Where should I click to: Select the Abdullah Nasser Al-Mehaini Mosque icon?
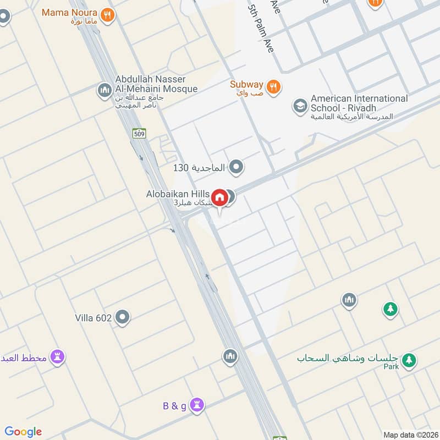click(x=105, y=90)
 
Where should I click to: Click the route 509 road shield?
click(x=139, y=133)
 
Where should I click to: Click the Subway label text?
click(x=246, y=84)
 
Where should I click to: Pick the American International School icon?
click(x=300, y=105)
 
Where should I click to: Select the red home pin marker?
click(x=219, y=197)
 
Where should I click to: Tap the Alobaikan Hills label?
click(x=178, y=194)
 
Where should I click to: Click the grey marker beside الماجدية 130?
click(x=237, y=167)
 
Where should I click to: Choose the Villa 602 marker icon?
click(x=123, y=317)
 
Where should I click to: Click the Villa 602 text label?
click(x=94, y=318)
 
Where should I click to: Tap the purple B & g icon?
click(x=197, y=406)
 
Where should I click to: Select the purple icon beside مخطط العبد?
click(x=57, y=358)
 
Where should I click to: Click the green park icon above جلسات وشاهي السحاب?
click(x=391, y=309)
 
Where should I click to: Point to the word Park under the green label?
click(x=391, y=367)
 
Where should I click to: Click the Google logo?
click(x=23, y=432)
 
